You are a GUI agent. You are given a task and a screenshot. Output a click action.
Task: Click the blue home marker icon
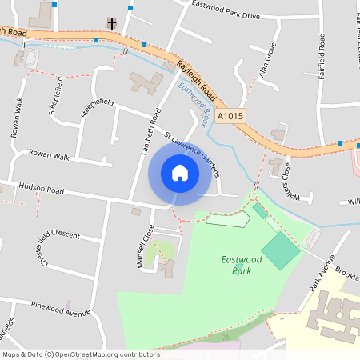(180, 173)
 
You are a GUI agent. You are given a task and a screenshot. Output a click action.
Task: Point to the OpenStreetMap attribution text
(80, 354)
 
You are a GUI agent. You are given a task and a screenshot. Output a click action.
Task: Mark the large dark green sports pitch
(281, 250)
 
